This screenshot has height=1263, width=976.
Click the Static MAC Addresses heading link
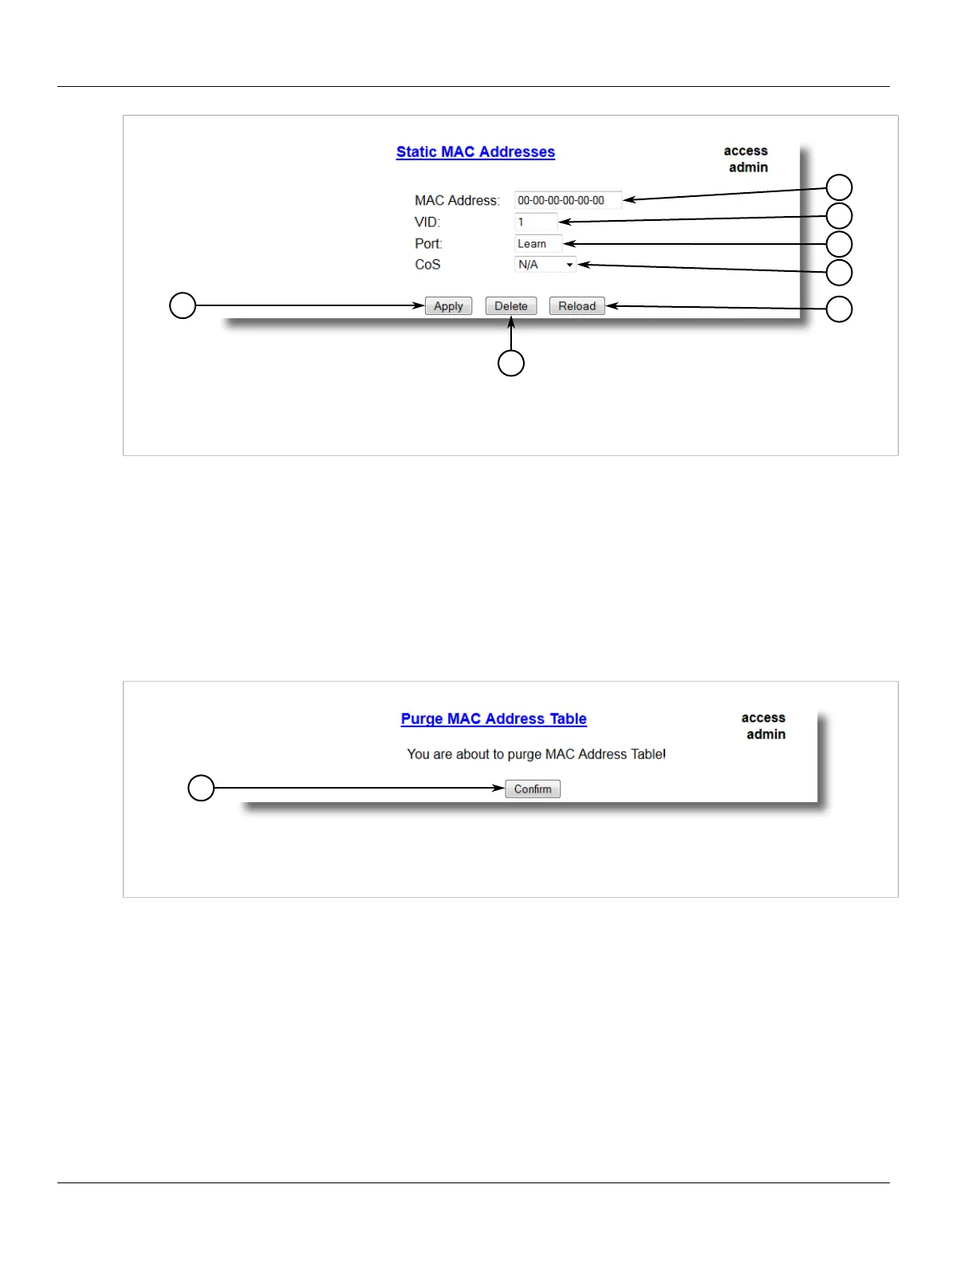click(475, 152)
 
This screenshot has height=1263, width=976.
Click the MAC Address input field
click(567, 200)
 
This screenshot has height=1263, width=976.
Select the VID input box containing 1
click(535, 222)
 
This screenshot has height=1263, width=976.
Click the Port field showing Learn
click(537, 244)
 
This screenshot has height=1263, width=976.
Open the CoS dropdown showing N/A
click(545, 265)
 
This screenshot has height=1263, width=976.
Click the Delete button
click(511, 306)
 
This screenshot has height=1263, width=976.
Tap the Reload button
click(577, 306)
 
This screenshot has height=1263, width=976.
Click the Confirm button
click(533, 789)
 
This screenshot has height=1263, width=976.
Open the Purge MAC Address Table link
click(494, 719)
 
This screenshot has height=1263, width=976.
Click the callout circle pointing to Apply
click(183, 305)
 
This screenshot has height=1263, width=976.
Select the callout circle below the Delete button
click(511, 363)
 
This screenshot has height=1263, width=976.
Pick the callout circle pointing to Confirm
click(201, 788)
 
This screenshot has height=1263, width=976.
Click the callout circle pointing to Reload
click(839, 309)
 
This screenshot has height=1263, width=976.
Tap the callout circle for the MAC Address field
click(839, 187)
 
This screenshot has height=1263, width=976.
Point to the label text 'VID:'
click(427, 222)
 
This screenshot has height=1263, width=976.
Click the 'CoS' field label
click(427, 265)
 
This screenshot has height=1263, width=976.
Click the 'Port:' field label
click(428, 244)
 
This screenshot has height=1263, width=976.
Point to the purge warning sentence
click(536, 754)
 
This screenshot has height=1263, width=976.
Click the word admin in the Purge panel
click(765, 734)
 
